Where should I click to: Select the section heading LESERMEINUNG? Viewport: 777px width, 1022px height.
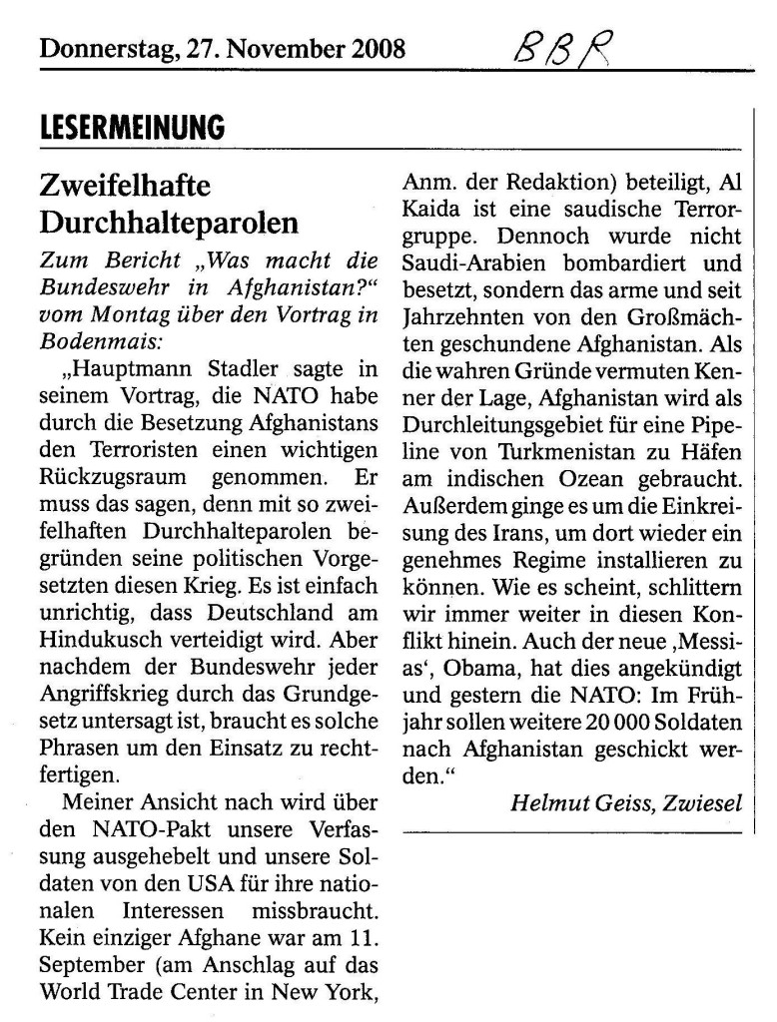133,129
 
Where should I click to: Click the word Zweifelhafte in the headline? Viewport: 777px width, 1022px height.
126,186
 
